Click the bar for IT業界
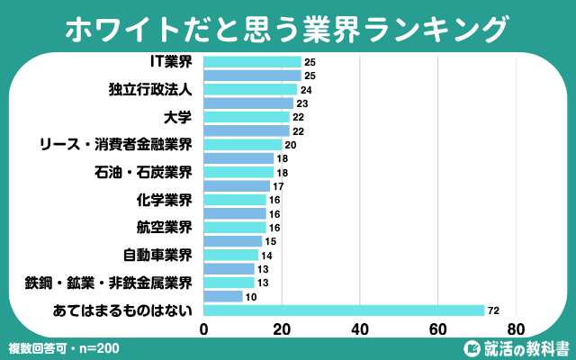tap(253, 62)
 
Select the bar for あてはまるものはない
tap(345, 310)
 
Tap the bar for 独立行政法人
tap(251, 90)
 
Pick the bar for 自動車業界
tap(231, 255)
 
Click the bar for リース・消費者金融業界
tap(243, 145)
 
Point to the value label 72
tap(494, 310)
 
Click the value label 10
tap(251, 297)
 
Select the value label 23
tap(302, 103)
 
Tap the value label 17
tap(279, 186)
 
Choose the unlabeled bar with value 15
tap(233, 241)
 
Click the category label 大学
tap(179, 117)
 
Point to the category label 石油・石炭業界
tap(143, 172)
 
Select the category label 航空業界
tap(161, 227)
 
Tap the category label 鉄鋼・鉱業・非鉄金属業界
tap(109, 283)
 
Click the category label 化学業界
tap(161, 200)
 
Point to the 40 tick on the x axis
tap(360, 328)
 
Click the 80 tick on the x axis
tap(516, 328)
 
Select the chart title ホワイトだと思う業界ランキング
tap(287, 28)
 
